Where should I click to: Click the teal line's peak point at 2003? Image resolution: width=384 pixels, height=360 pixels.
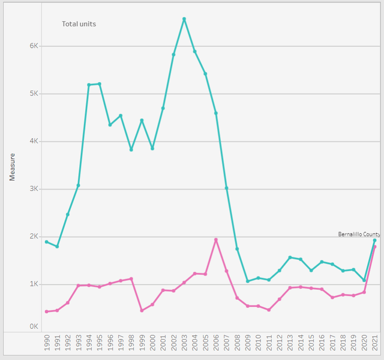coord(184,19)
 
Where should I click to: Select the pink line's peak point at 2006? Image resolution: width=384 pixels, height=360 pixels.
coord(216,240)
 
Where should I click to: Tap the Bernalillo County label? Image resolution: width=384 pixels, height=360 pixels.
coord(359,235)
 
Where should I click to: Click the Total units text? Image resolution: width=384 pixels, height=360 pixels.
coord(79,24)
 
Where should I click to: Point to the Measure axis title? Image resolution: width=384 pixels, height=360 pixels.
coord(12,167)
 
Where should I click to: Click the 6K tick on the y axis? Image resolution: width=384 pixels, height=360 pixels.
coord(34,46)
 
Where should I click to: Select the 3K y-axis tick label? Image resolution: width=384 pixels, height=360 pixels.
coord(34,189)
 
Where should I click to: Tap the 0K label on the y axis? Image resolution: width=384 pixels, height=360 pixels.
coord(34,326)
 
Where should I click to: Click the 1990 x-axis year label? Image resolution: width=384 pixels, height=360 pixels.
coord(47,343)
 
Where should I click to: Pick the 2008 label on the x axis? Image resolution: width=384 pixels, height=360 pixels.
coord(237,343)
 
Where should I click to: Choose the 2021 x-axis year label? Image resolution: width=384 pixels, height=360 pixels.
coord(374,343)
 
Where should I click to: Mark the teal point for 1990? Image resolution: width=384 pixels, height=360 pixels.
coord(47,242)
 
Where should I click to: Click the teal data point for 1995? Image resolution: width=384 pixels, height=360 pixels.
coord(100,84)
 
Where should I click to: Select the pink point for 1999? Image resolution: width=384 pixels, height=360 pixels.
coord(142,311)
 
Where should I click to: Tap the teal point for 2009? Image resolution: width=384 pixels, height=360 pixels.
coord(248,281)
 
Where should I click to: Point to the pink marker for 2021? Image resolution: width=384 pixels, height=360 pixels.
coord(374,247)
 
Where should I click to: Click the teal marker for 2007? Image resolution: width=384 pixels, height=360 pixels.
coord(227,188)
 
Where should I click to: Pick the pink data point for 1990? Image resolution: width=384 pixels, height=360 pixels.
coord(47,311)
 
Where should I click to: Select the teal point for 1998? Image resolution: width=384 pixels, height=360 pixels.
coord(131,149)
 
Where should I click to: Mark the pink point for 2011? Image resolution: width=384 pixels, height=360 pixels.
coord(269,310)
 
